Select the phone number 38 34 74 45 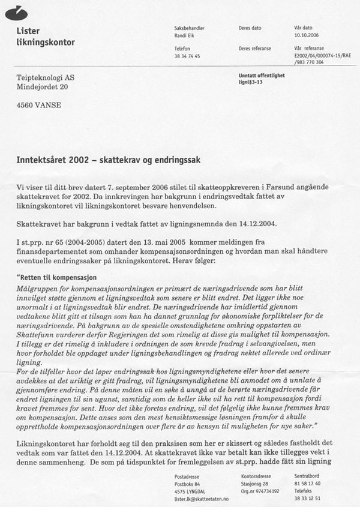tap(187, 55)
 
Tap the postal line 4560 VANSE tap(38, 106)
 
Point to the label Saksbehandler tap(189, 28)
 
